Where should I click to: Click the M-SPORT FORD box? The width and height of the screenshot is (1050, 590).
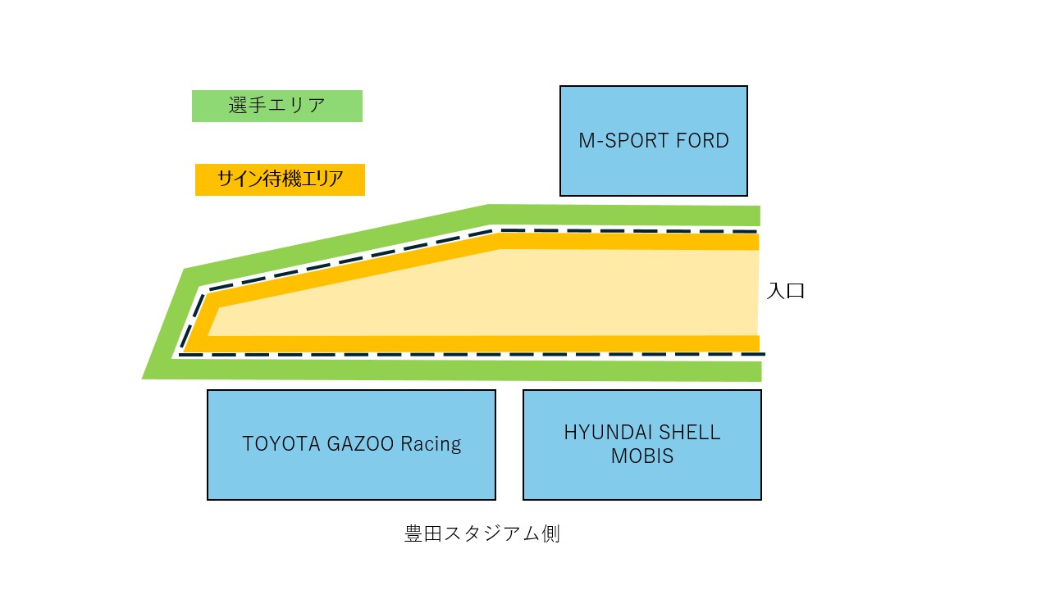653,141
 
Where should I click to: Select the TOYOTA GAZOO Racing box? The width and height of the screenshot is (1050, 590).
351,444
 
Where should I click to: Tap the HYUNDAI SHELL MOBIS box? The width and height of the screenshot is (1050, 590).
641,444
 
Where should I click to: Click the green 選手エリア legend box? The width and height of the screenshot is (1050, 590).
276,106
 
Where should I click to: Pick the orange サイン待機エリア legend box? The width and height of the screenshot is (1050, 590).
280,179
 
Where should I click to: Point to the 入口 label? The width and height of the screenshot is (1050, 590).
785,291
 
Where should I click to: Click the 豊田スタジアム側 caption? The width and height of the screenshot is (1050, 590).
482,534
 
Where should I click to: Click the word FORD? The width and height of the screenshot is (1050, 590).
702,141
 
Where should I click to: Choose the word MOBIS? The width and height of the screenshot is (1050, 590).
641,456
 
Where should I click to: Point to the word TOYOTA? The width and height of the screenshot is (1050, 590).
276,444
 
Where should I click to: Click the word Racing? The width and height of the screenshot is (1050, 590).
431,444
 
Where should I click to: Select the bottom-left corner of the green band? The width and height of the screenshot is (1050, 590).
144,378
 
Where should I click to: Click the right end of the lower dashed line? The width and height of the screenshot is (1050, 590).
764,354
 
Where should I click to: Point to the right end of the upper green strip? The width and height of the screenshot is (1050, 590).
759,216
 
